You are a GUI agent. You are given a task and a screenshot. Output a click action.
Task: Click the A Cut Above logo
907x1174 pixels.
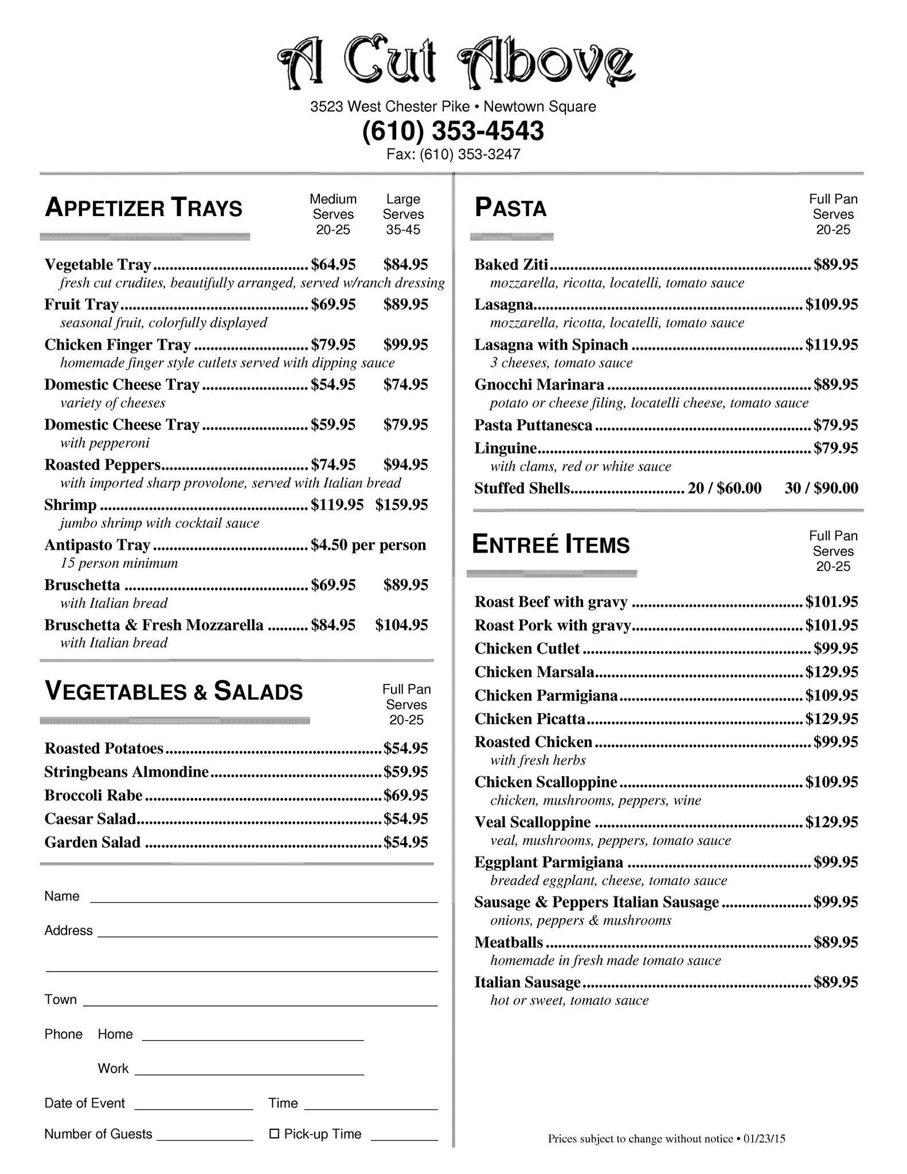456,62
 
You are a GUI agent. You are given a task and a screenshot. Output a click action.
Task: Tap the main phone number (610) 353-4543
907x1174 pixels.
453,131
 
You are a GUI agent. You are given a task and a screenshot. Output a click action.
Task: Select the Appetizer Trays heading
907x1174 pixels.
143,208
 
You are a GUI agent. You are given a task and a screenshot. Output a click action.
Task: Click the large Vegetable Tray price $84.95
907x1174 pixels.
405,264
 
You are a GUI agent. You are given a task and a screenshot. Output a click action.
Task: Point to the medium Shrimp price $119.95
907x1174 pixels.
337,504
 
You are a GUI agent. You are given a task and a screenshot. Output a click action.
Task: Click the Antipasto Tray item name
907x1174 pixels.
97,545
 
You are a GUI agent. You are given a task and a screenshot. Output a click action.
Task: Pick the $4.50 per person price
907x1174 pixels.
368,545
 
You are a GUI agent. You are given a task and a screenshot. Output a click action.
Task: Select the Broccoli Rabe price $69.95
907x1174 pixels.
405,795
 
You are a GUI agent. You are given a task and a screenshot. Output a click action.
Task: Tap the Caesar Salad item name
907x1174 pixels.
90,819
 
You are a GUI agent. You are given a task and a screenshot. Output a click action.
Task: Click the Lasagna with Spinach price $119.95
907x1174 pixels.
831,345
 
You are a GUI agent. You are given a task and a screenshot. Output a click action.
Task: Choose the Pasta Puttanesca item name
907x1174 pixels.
533,425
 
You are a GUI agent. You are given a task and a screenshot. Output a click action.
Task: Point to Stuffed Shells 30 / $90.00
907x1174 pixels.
821,488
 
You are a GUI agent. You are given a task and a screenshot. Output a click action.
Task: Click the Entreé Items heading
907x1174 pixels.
550,545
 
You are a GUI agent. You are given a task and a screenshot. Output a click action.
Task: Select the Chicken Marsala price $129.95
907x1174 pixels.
831,672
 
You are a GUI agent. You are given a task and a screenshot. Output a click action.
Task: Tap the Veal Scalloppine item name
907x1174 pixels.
532,822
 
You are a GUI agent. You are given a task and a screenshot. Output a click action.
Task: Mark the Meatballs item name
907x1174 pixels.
509,942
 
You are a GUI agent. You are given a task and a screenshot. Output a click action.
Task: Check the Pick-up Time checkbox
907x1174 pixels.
274,1134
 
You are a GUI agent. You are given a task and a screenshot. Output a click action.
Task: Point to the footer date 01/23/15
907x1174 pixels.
764,1139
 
